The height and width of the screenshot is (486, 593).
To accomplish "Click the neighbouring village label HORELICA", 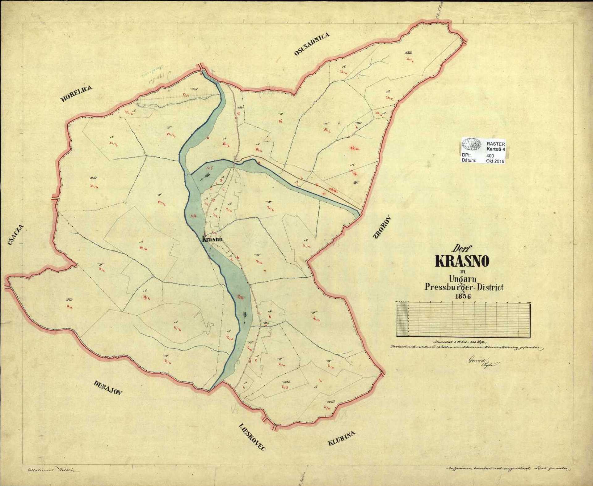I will click(76, 94).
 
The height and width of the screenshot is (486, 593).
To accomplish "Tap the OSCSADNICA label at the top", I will click(312, 44).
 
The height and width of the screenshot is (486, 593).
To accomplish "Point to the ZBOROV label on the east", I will click(382, 227).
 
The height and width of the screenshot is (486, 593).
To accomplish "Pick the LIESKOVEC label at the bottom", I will click(252, 437).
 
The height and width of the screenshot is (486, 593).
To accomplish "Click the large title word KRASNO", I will click(462, 262).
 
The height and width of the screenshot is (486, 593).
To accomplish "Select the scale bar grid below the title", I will click(463, 320).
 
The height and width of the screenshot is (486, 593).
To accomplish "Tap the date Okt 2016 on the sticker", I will click(495, 161).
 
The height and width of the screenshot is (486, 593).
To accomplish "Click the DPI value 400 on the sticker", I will click(490, 156).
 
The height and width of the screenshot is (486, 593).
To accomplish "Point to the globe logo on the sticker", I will click(472, 144).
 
